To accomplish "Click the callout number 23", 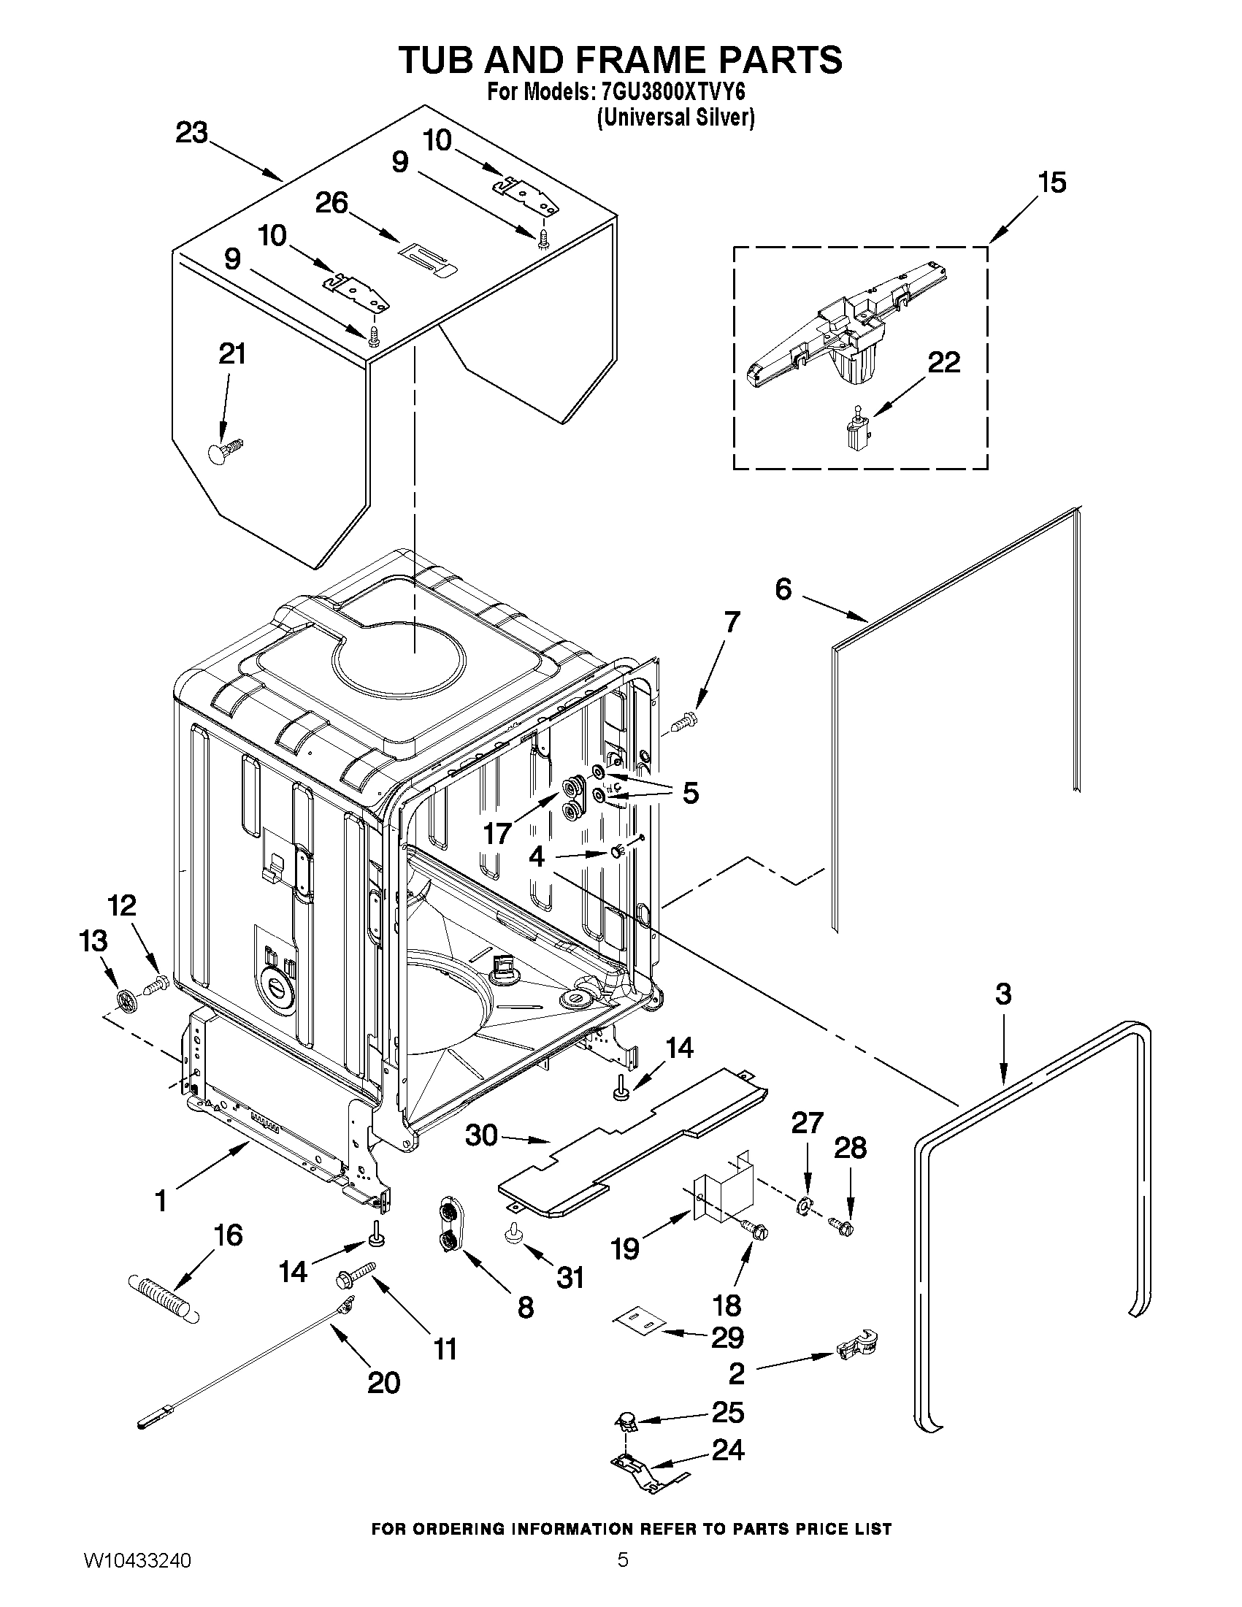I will (x=191, y=134).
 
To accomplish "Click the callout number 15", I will (x=1051, y=183).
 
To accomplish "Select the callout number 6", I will (x=783, y=588).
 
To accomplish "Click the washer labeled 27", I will (x=804, y=1205).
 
